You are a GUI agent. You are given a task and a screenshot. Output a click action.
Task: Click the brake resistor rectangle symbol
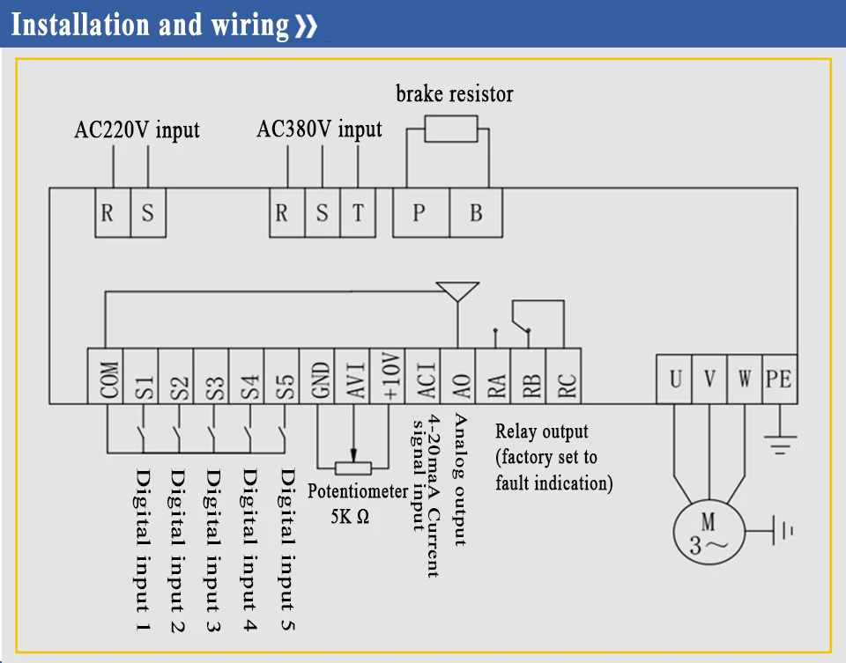[x=451, y=129]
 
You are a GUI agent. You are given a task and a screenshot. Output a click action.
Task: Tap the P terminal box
[x=421, y=213]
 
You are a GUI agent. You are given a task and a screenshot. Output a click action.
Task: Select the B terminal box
[x=476, y=213]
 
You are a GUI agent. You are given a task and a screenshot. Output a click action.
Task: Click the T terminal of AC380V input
[x=358, y=213]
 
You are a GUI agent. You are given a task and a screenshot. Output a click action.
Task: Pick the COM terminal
[x=105, y=376]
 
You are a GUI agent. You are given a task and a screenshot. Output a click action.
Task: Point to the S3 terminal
[x=211, y=376]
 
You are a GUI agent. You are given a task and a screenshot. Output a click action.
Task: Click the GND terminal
[x=316, y=376]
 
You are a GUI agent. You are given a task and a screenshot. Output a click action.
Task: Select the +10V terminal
[x=388, y=376]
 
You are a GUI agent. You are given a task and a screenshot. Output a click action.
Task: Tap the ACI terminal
[x=422, y=376]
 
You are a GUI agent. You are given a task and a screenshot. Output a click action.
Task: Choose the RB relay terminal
[x=528, y=376]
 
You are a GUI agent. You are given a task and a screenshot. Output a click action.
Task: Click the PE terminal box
[x=780, y=379]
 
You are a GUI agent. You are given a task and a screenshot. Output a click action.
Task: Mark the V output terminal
[x=709, y=379]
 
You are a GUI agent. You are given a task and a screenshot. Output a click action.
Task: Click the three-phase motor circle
[x=709, y=532]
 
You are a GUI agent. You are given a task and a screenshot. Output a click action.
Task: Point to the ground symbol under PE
[x=780, y=446]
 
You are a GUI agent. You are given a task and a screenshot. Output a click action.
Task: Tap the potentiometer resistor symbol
[x=352, y=468]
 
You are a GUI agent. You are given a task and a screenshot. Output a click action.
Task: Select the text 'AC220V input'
[x=137, y=130]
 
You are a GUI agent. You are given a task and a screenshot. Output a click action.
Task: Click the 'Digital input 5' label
[x=287, y=549]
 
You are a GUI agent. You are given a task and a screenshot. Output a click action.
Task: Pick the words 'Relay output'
[x=542, y=431]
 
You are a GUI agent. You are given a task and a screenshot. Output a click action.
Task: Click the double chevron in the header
[x=306, y=26]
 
